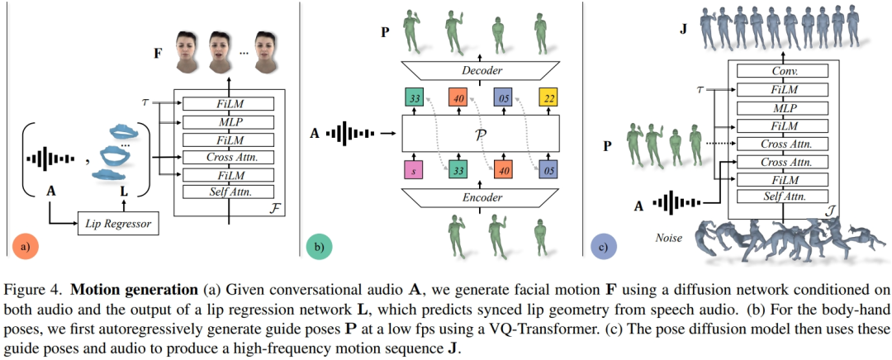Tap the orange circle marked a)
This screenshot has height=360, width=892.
26,245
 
